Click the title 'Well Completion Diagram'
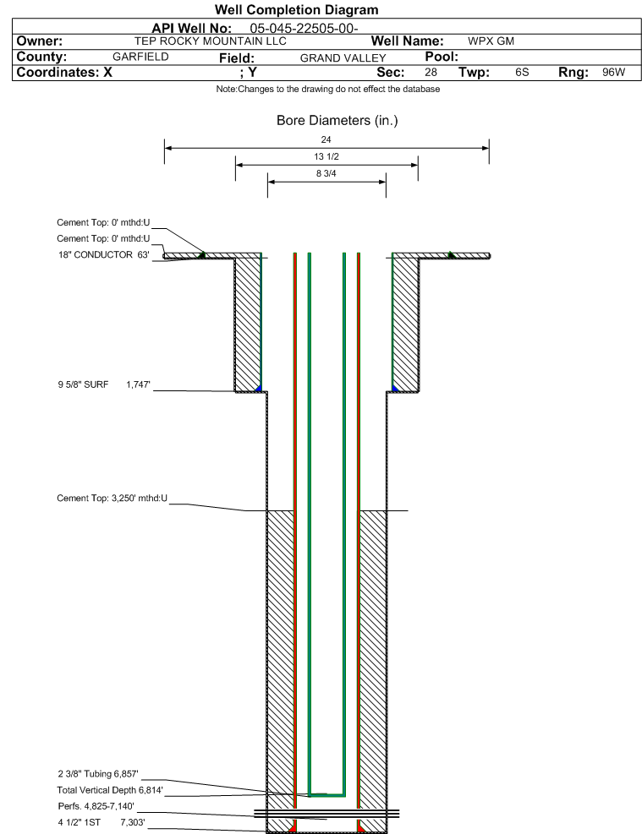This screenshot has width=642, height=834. click(297, 9)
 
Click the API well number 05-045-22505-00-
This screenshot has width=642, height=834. click(304, 28)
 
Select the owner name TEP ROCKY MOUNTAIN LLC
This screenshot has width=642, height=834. click(211, 41)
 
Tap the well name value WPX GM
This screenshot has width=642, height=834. click(491, 41)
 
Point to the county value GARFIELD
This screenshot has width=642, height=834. click(140, 57)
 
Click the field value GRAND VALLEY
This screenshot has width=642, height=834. click(343, 58)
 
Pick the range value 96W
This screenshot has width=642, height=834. click(614, 73)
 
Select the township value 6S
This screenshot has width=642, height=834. click(522, 73)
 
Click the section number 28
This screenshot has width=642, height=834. click(431, 73)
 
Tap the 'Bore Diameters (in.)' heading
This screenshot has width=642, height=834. click(337, 120)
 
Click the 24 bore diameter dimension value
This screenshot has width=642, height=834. click(326, 139)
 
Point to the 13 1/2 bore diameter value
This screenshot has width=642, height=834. click(326, 156)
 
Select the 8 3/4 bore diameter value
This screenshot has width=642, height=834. click(326, 173)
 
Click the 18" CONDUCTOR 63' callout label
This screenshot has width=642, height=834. click(104, 255)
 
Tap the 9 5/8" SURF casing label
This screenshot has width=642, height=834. click(83, 384)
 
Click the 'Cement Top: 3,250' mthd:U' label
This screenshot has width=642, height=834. click(112, 499)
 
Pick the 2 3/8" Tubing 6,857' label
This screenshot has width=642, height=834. click(98, 774)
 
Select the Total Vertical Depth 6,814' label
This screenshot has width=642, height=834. click(110, 790)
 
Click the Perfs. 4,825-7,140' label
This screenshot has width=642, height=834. click(96, 806)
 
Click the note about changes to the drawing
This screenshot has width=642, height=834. click(328, 89)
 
